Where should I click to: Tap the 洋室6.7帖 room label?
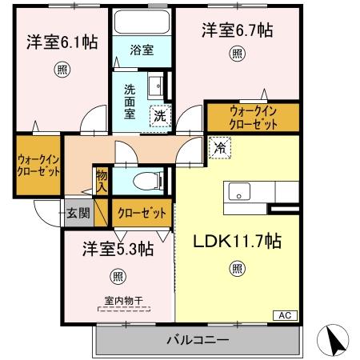coord(237,30)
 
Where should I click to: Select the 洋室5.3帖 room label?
coord(118,250)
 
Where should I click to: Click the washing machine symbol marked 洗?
coord(161,115)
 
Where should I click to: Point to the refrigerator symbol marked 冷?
coord(218,147)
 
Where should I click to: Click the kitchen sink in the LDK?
coord(241,192)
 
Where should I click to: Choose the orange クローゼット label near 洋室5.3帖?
coord(142,213)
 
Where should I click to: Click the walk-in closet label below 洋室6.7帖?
coord(254,118)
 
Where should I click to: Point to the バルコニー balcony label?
coord(198,340)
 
